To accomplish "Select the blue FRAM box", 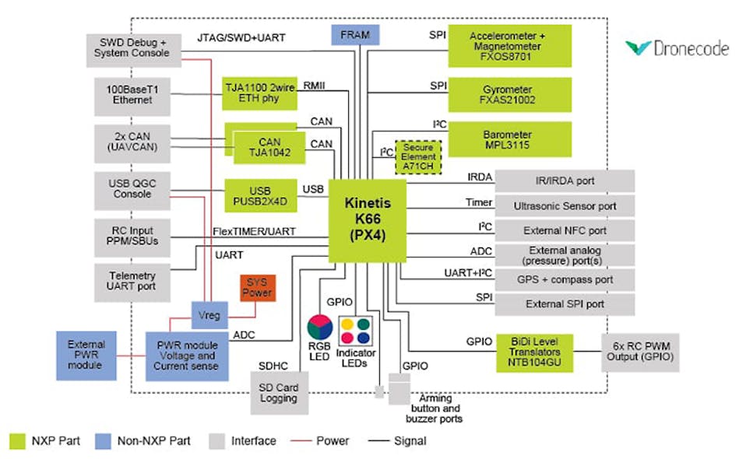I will tap(355, 35).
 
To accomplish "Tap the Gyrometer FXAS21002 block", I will tap(508, 94).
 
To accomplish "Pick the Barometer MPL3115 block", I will tap(508, 139).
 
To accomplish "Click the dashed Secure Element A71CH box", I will tap(419, 157).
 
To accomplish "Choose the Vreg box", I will tap(209, 315).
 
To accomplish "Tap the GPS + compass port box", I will tap(565, 279).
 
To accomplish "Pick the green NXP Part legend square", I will tap(18, 441).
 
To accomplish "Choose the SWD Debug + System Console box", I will tap(128, 47).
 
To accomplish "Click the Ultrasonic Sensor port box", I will tap(565, 206).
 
